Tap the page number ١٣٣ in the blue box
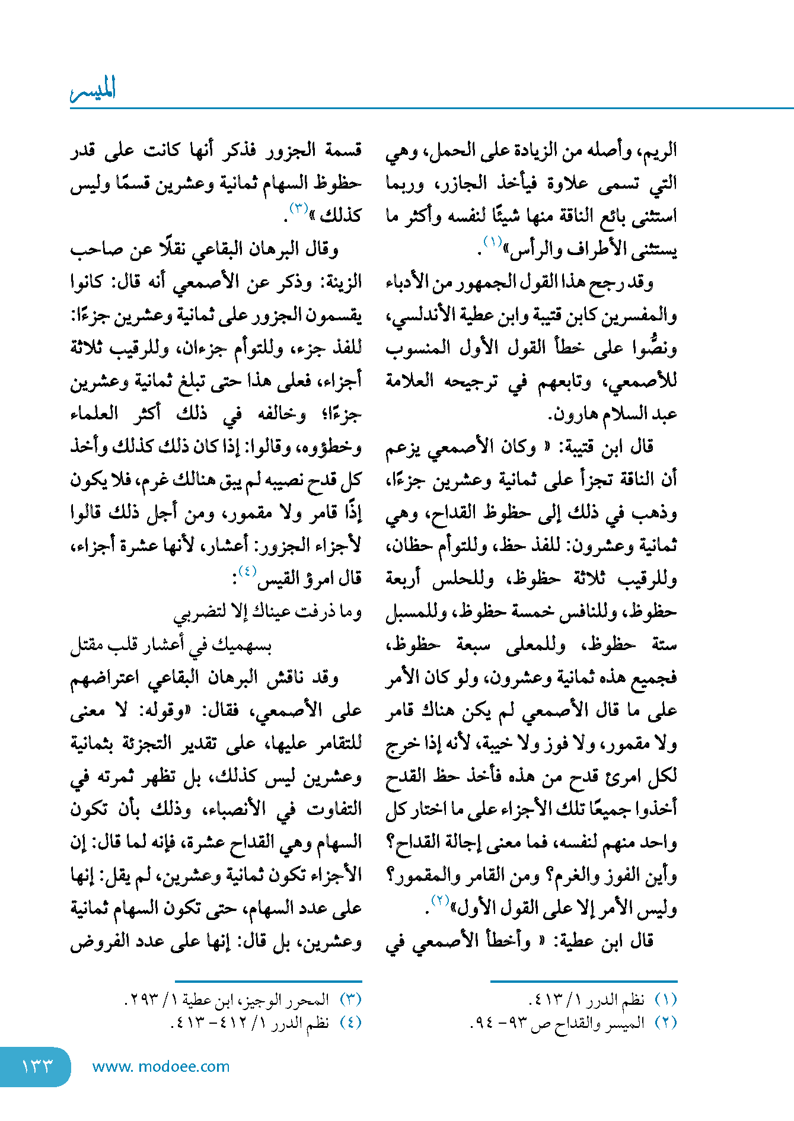(x=37, y=1066)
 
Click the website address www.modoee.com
(x=161, y=1066)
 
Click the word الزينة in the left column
(x=340, y=281)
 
